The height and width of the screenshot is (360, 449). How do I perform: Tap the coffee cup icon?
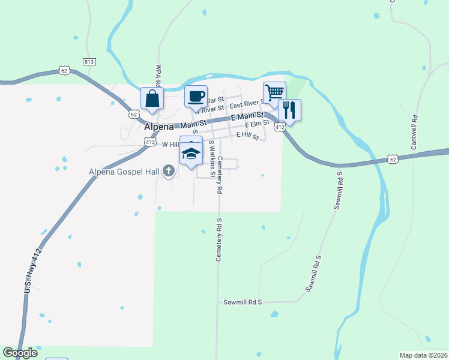tap(195, 97)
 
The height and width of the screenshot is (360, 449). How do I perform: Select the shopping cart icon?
tap(274, 92)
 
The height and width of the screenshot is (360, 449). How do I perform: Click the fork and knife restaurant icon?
tap(289, 110)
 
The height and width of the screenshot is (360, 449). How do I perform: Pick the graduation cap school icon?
tap(191, 153)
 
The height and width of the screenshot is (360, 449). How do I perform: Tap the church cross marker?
tap(169, 172)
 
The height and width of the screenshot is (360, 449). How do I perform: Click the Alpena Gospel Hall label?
tap(124, 172)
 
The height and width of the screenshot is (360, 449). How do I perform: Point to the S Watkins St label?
tap(212, 159)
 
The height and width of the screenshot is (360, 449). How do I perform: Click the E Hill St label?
tap(247, 136)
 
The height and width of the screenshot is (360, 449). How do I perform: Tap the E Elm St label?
tap(256, 124)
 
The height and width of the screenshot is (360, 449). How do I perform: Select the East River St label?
tap(247, 104)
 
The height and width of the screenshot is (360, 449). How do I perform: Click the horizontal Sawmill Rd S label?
tap(243, 302)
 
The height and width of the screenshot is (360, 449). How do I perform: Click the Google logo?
tap(20, 353)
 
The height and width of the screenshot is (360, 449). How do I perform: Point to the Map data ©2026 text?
tap(423, 355)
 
